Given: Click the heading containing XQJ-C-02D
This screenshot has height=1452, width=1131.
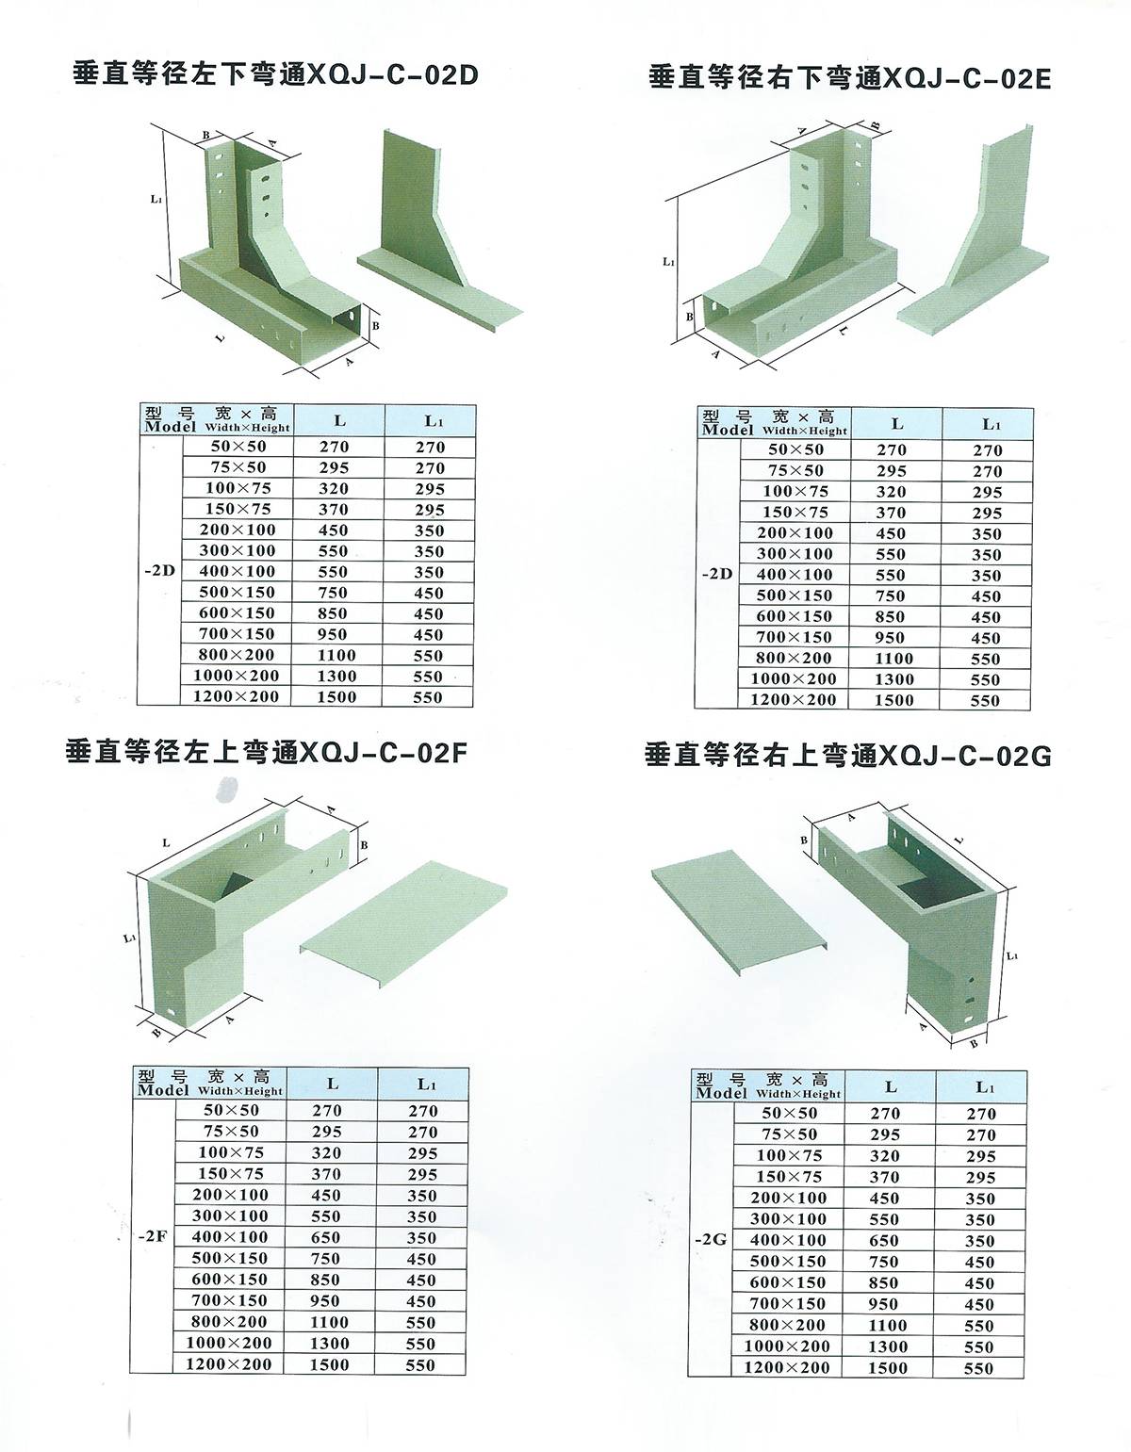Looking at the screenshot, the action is (275, 74).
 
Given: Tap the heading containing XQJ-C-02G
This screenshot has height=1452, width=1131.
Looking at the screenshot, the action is (847, 755).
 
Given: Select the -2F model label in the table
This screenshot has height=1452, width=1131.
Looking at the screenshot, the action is (153, 1236).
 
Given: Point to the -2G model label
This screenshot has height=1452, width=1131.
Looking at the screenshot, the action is (711, 1239).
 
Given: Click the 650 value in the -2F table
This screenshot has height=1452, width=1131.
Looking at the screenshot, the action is (326, 1237).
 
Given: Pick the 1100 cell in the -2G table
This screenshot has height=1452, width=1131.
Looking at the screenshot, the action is (888, 1325).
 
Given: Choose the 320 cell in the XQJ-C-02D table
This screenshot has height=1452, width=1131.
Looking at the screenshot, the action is (334, 488).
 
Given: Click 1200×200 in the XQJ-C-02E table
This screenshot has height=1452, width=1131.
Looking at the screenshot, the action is (794, 699).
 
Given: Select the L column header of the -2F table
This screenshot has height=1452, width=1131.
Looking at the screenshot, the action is (332, 1084).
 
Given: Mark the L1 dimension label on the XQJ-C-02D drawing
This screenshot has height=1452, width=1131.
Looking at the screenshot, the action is (156, 199).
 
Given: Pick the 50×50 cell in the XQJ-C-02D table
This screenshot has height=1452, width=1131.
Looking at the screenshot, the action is (238, 447).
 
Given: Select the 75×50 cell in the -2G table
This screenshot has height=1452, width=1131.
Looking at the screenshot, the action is (790, 1134).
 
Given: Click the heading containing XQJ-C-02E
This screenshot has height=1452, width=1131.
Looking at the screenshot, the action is (850, 77).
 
